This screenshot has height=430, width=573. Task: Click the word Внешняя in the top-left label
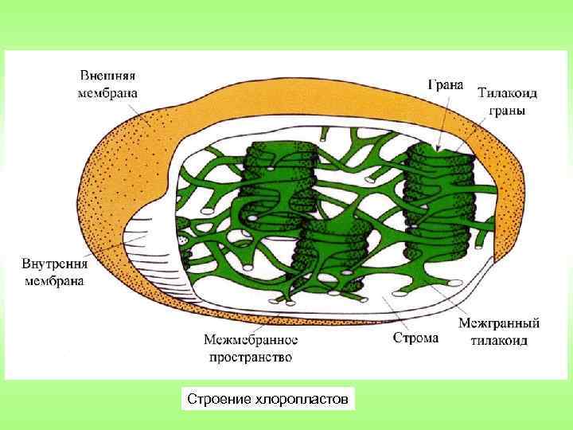pos(109,76)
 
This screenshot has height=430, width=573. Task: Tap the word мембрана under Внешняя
pos(109,92)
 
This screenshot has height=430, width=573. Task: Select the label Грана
pos(446,84)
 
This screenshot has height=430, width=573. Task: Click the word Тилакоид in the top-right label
pos(508,93)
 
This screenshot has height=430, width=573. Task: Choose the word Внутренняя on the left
pos(53,264)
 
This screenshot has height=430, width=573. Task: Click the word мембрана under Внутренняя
pos(53,280)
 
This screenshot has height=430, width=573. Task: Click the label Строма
pos(415,338)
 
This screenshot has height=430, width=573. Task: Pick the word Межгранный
pos(499,323)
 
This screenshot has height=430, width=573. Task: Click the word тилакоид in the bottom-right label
pos(499,341)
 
